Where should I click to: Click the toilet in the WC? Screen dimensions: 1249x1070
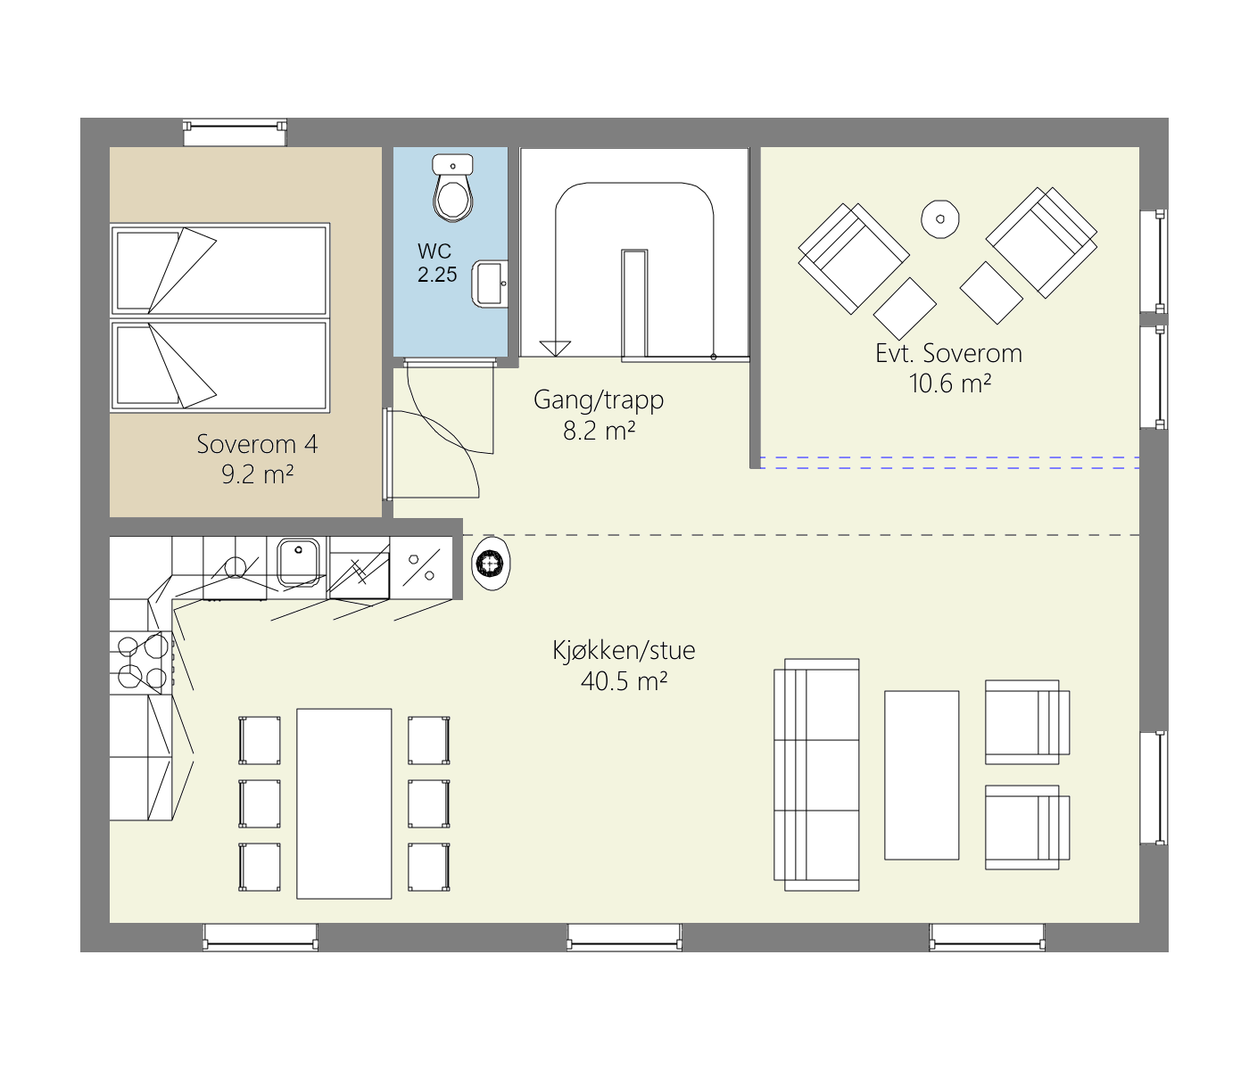pyautogui.click(x=452, y=188)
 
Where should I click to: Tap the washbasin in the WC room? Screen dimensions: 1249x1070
pyautogui.click(x=490, y=284)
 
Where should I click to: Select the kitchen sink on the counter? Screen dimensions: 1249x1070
pyautogui.click(x=298, y=562)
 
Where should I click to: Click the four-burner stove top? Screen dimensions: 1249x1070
pyautogui.click(x=141, y=662)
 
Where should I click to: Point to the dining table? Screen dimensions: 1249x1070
pyautogui.click(x=343, y=803)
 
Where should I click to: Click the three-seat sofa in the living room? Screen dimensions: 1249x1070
pyautogui.click(x=816, y=775)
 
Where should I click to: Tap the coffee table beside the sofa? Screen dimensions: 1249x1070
pyautogui.click(x=922, y=775)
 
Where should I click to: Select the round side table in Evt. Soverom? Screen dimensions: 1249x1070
pyautogui.click(x=939, y=218)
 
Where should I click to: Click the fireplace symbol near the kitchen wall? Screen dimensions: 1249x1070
pyautogui.click(x=491, y=564)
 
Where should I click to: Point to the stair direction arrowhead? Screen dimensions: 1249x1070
pyautogui.click(x=555, y=349)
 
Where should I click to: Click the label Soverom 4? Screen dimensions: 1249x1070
pyautogui.click(x=257, y=444)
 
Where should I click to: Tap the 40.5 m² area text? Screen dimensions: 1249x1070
pyautogui.click(x=624, y=681)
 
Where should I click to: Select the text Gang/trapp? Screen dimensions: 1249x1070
pyautogui.click(x=599, y=400)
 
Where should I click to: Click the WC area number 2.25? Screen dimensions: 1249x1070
pyautogui.click(x=437, y=275)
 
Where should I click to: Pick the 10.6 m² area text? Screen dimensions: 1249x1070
pyautogui.click(x=950, y=383)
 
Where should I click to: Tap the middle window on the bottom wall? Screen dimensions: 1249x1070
pyautogui.click(x=624, y=936)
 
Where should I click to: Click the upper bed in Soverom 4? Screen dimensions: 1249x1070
pyautogui.click(x=220, y=269)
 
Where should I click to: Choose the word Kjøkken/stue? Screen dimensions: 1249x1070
pyautogui.click(x=624, y=650)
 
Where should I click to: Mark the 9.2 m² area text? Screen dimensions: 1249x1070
pyautogui.click(x=258, y=474)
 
